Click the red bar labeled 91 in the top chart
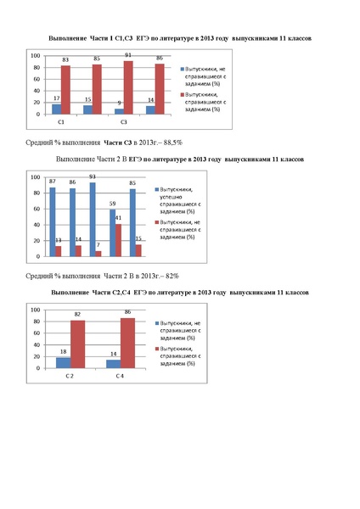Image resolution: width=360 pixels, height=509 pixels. pyautogui.click(x=128, y=87)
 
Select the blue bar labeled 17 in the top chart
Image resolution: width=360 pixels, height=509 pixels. pyautogui.click(x=57, y=109)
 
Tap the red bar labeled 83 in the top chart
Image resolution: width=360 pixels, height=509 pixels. pyautogui.click(x=65, y=90)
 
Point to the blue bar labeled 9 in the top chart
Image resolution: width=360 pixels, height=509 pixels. pyautogui.click(x=119, y=111)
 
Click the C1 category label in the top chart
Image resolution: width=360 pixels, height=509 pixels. pyautogui.click(x=61, y=122)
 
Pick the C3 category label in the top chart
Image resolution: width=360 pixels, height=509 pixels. pyautogui.click(x=123, y=122)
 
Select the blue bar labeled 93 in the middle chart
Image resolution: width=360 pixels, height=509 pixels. pyautogui.click(x=91, y=219)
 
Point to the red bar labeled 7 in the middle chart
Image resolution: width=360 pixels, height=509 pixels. pyautogui.click(x=98, y=253)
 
